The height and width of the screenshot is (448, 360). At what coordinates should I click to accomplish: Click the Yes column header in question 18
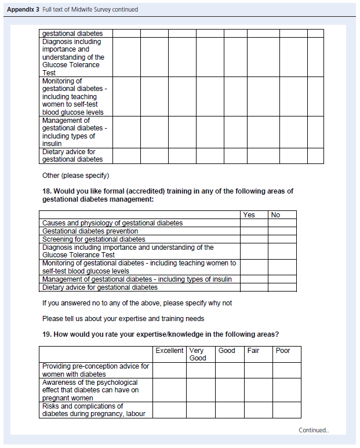(x=249, y=215)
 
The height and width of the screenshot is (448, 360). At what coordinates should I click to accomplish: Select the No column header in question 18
(x=275, y=215)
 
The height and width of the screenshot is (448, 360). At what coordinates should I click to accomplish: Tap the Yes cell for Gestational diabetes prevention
(x=254, y=231)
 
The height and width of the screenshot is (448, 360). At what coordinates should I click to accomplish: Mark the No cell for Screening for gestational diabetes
(x=282, y=239)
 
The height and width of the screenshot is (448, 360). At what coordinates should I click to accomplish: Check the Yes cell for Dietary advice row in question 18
(x=254, y=287)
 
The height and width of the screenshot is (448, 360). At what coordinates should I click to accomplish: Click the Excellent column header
(x=169, y=351)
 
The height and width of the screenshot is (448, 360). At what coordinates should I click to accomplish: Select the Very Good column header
(x=198, y=354)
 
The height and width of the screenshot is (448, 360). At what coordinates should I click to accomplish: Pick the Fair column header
(x=253, y=351)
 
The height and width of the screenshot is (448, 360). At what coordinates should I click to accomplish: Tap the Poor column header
(x=283, y=351)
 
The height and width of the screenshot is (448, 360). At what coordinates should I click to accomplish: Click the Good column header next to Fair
(x=227, y=351)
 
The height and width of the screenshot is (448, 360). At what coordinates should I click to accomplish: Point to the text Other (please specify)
(x=75, y=176)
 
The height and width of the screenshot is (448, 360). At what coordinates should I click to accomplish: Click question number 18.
(x=47, y=191)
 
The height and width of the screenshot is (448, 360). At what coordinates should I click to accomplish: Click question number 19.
(x=47, y=334)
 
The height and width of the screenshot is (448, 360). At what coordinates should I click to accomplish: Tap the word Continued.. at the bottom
(x=314, y=431)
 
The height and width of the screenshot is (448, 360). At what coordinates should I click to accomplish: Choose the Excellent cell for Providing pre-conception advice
(x=169, y=370)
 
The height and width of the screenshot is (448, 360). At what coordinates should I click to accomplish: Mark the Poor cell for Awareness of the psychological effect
(x=287, y=390)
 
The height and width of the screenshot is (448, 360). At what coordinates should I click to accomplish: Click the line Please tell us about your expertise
(x=123, y=319)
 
